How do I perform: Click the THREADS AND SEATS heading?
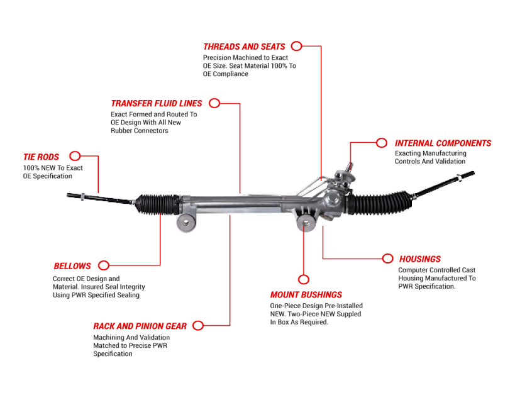(244, 47)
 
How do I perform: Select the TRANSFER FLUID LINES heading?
(157, 103)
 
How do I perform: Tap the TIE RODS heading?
(41, 157)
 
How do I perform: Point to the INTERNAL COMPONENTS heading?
(443, 143)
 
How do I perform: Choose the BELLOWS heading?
(72, 266)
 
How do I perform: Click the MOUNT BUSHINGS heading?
(306, 294)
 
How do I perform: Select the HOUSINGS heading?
(420, 258)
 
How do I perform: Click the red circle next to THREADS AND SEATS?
(297, 46)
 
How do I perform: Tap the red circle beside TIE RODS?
(75, 156)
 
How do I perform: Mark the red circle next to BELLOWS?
(104, 265)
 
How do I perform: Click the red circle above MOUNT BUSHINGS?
(304, 279)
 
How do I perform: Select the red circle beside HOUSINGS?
(387, 258)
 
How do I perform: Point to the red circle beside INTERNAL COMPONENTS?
(382, 143)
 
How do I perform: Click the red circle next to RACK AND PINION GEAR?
(198, 325)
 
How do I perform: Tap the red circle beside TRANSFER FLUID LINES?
(214, 103)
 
